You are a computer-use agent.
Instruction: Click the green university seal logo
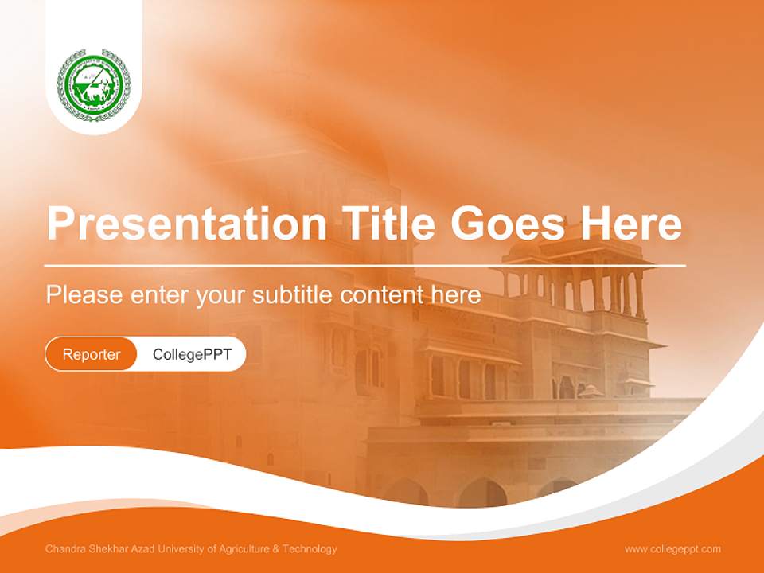pos(94,84)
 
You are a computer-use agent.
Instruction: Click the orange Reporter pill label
pos(92,354)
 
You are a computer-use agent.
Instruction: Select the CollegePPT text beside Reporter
pos(192,354)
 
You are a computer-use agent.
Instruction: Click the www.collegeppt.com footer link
pos(672,549)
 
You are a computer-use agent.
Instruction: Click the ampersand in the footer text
pos(276,549)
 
